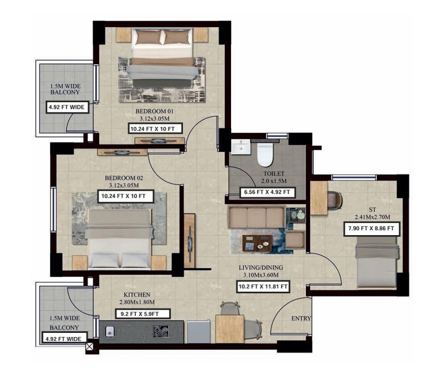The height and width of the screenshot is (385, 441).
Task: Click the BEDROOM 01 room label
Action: pos(154,111)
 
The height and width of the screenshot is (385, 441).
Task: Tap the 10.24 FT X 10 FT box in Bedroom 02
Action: pos(125,196)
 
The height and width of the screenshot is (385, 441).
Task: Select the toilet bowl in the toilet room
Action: pos(265,154)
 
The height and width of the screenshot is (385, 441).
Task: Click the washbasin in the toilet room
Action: pos(241,147)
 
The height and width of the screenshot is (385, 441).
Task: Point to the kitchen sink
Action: pos(109,331)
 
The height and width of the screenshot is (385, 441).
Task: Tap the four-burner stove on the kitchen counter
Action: pos(161,331)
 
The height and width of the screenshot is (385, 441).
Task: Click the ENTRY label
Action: pos(301,318)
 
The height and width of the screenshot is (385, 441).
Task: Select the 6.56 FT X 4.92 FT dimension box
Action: pos(267,192)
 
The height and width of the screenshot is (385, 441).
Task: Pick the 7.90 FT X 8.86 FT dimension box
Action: pos(371,229)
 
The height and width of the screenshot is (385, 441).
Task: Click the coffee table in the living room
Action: pos(258,243)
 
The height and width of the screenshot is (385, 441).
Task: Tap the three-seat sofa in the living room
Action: pos(256,217)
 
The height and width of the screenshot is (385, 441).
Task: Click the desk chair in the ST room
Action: pos(334,200)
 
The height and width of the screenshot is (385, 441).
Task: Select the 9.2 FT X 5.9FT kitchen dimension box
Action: pos(143,314)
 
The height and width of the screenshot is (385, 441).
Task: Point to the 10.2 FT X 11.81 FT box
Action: pos(263,287)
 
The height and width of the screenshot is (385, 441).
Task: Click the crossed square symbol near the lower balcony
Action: pos(89,347)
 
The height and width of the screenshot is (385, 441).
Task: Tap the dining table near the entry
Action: pos(230,329)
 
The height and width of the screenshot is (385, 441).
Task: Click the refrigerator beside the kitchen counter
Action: pos(199,331)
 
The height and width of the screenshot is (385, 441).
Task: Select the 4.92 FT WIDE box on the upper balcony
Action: pos(67,107)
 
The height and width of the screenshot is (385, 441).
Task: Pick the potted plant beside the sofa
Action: pos(297,215)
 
